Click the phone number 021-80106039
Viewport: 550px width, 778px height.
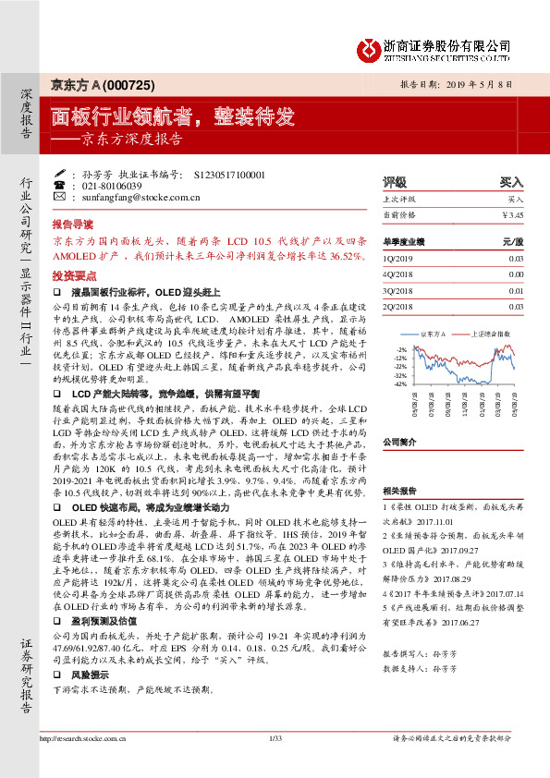click(111, 186)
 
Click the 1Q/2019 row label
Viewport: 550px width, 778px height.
click(397, 260)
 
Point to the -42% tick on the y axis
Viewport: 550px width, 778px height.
click(399, 384)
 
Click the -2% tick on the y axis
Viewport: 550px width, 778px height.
click(400, 348)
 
